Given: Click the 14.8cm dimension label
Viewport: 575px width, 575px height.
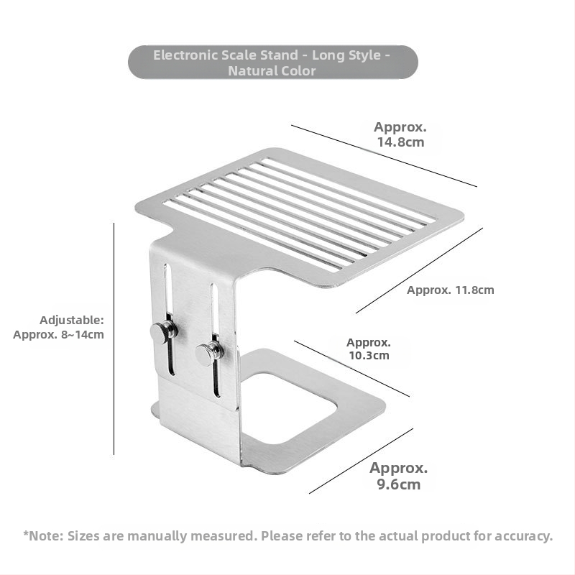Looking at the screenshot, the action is click(400, 134).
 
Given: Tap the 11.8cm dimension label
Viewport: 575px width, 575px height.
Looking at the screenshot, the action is click(451, 290).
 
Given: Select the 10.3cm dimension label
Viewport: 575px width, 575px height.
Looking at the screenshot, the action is click(369, 349).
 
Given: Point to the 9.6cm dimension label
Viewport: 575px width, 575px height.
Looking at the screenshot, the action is click(399, 476).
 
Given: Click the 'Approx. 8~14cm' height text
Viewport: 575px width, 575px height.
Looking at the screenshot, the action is click(59, 334).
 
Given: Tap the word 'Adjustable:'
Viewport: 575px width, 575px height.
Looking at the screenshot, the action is click(72, 320).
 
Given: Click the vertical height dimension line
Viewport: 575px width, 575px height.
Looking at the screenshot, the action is click(114, 339).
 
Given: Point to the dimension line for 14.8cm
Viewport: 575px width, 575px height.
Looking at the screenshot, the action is click(385, 156).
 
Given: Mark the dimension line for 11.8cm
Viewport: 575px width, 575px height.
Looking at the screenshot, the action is click(419, 271).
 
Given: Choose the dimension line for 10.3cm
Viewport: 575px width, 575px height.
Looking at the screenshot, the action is click(351, 369).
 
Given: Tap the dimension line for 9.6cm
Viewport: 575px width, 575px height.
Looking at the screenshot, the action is click(362, 461).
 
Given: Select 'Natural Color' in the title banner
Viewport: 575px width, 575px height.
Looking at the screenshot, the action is click(272, 70).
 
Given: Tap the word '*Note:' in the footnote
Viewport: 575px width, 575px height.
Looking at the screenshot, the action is click(43, 535).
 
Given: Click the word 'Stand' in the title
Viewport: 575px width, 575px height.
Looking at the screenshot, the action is click(279, 55).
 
